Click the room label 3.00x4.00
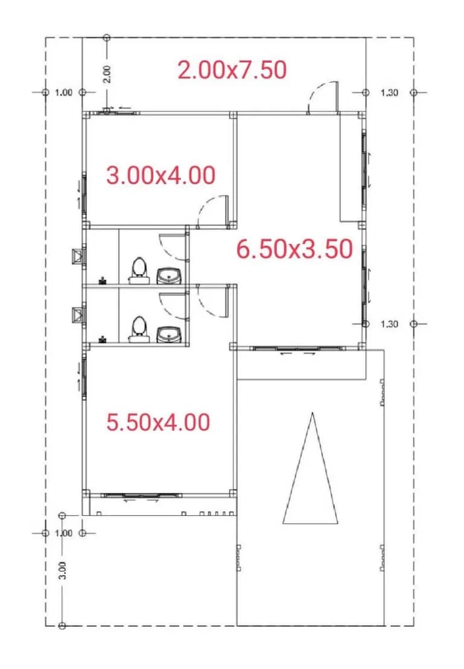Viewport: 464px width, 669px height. (x=160, y=175)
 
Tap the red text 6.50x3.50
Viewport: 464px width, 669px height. (x=295, y=249)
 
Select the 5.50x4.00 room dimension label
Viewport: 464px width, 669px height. (x=158, y=422)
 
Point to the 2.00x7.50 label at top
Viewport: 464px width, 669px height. (x=232, y=70)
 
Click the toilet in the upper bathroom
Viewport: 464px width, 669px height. (x=139, y=271)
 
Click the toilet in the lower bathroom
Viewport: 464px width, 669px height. (x=139, y=330)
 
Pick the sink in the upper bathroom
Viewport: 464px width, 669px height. (x=170, y=276)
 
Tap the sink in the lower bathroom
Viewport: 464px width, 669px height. (x=170, y=334)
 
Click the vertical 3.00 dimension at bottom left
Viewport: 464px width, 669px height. (x=63, y=570)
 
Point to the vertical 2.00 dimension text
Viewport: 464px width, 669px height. (x=107, y=74)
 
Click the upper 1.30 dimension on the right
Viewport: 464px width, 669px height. (x=389, y=93)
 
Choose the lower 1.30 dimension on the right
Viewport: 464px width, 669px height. (x=389, y=324)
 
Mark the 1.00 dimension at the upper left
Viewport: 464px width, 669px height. (x=64, y=93)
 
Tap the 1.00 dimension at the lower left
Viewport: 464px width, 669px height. (x=64, y=533)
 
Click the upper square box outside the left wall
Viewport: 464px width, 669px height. (x=78, y=256)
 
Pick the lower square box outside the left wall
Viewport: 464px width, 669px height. (x=78, y=315)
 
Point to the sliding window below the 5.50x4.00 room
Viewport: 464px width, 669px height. (x=141, y=496)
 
